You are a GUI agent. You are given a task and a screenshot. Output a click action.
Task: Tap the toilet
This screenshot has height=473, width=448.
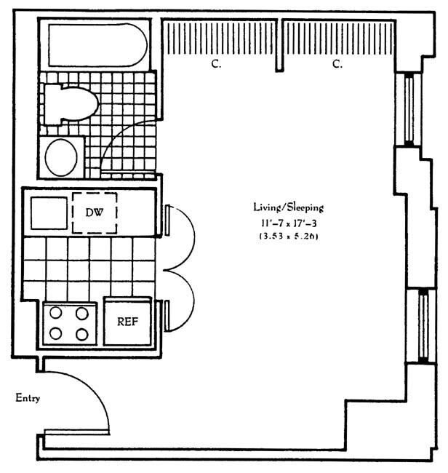[x=71, y=101]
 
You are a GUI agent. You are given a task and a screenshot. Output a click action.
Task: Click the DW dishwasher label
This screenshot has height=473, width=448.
[x=95, y=212]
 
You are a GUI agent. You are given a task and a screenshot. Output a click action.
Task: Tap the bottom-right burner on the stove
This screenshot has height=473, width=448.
[x=82, y=335]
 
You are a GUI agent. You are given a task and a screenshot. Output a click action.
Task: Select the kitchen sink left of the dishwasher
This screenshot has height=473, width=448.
[x=47, y=212]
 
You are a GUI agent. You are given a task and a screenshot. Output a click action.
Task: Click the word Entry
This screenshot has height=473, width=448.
[x=28, y=398]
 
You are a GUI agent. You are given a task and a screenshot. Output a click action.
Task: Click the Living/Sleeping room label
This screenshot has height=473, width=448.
[x=287, y=206]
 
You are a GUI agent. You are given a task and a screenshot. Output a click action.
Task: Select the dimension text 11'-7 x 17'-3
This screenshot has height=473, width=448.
[x=288, y=223]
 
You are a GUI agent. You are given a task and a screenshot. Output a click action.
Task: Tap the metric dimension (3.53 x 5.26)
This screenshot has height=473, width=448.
[x=288, y=237]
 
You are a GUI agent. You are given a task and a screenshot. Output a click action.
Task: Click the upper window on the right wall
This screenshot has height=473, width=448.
[x=409, y=108]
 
